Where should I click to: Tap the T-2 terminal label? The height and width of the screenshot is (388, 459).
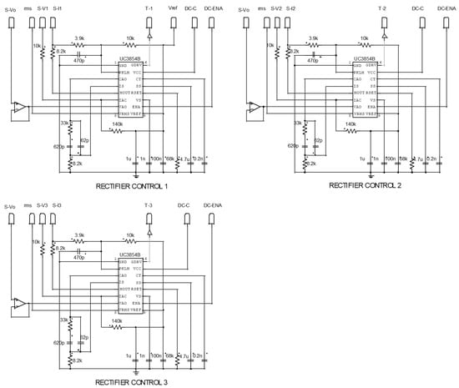click(383, 8)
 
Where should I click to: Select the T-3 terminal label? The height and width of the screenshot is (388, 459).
click(149, 205)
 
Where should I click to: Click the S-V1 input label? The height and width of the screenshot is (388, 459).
click(42, 8)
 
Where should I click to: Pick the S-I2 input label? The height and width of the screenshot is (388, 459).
click(290, 8)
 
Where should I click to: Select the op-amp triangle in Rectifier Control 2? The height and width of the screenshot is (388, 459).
click(253, 108)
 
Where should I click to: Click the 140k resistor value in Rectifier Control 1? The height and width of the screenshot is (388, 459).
click(117, 125)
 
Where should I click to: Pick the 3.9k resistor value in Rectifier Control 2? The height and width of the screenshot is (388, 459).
click(313, 38)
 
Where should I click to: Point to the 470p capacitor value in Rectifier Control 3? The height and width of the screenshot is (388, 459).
click(79, 258)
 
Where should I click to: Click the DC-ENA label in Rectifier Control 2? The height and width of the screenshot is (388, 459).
click(446, 8)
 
